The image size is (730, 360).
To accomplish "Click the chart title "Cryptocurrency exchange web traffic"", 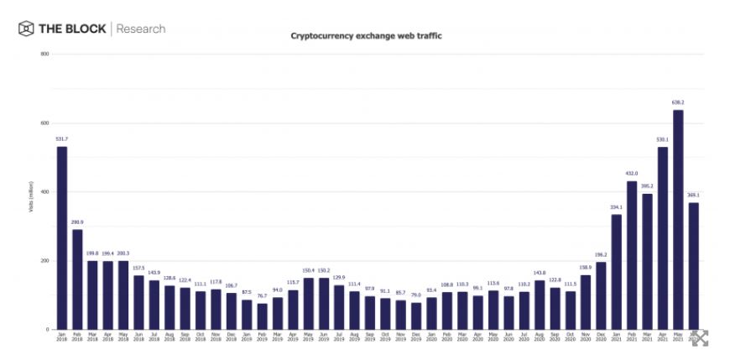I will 366,36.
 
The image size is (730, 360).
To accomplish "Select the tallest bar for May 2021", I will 678,218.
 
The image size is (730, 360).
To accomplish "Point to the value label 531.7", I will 61,139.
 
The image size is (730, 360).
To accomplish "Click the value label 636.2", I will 678,102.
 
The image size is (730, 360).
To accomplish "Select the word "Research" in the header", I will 140,29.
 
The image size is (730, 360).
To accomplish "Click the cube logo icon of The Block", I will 26,29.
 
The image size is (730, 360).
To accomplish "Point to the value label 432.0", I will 632,174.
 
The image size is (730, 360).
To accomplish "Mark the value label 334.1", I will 616,207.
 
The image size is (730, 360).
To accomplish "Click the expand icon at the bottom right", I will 700,337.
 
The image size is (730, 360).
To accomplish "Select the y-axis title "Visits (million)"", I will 31,192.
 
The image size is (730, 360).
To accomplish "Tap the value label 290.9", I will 77,222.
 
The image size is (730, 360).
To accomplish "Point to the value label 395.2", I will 647,186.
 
